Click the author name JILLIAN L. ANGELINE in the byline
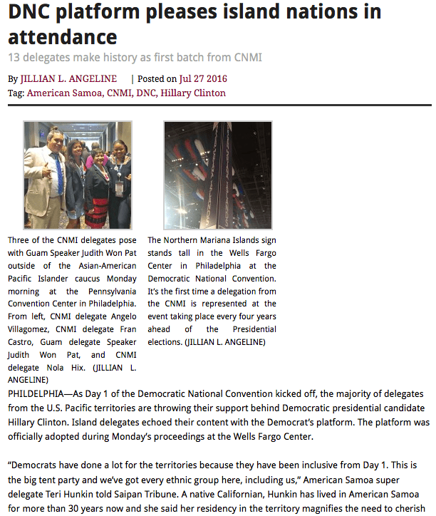pyautogui.click(x=68, y=79)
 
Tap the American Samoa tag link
pyautogui.click(x=61, y=93)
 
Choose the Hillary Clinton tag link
pyautogui.click(x=193, y=93)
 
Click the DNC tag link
pyautogui.click(x=145, y=93)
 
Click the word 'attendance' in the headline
pyautogui.click(x=63, y=37)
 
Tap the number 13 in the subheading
pyautogui.click(x=15, y=57)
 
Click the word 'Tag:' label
pyautogui.click(x=16, y=93)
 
